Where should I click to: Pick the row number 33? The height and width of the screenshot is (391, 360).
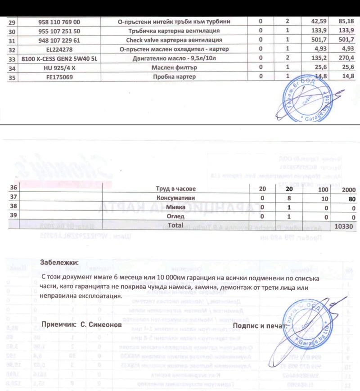click(12, 59)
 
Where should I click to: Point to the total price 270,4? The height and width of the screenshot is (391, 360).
click(345, 58)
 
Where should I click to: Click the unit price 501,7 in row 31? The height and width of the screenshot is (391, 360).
click(320, 40)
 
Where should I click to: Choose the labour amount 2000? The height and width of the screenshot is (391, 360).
click(349, 190)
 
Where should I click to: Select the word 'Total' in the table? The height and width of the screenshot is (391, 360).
click(175, 224)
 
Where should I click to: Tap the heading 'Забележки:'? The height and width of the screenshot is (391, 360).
click(59, 262)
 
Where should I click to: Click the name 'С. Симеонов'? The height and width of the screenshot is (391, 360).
click(99, 324)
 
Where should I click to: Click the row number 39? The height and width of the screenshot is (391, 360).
click(13, 216)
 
